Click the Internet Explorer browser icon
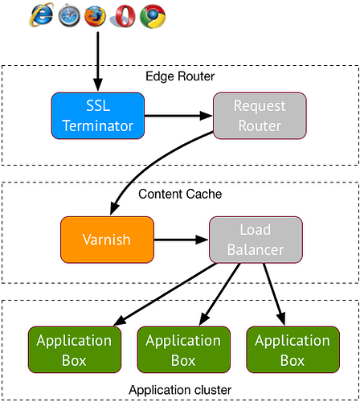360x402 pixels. pyautogui.click(x=42, y=15)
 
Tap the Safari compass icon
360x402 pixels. pyautogui.click(x=68, y=15)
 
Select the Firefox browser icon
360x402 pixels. pyautogui.click(x=95, y=15)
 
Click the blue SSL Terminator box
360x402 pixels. pyautogui.click(x=97, y=115)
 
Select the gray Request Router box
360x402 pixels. pyautogui.click(x=259, y=115)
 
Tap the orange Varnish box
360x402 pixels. pyautogui.click(x=107, y=240)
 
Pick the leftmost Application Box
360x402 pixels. pyautogui.click(x=75, y=349)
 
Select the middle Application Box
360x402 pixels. pyautogui.click(x=183, y=349)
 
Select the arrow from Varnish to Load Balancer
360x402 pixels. pyautogui.click(x=181, y=240)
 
